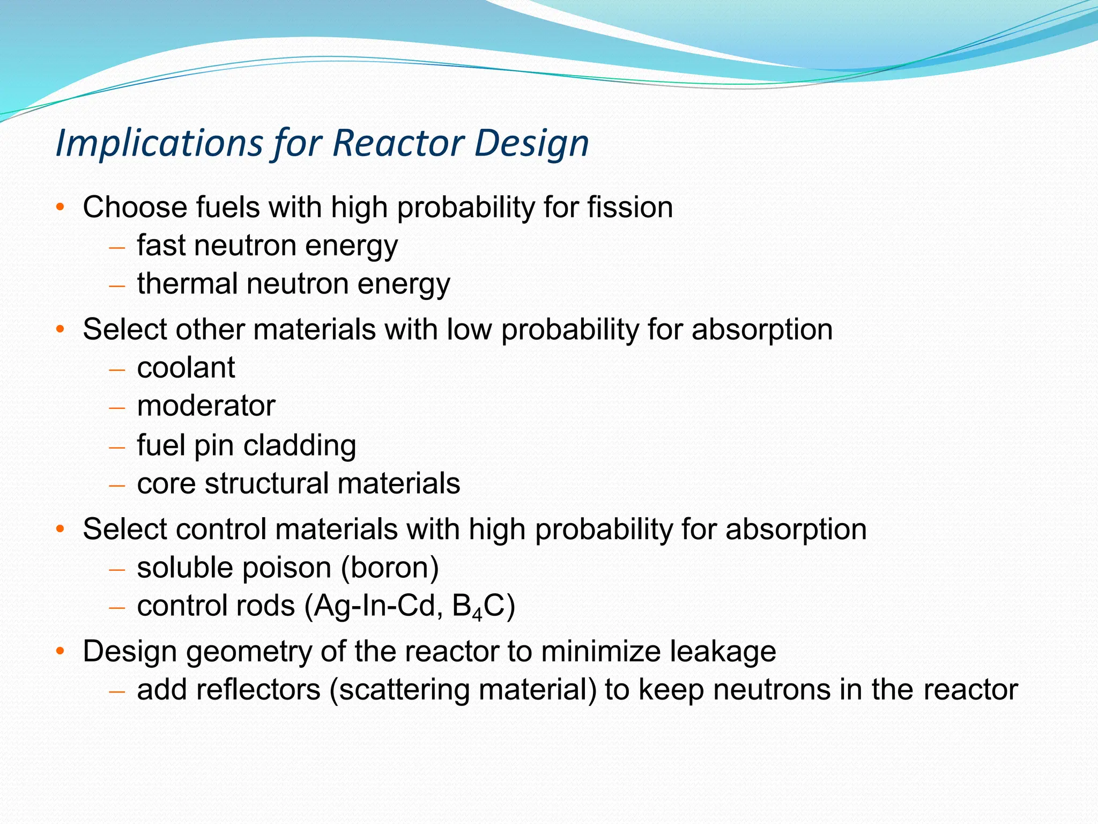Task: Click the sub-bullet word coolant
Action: pyautogui.click(x=186, y=367)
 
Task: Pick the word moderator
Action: pyautogui.click(x=206, y=406)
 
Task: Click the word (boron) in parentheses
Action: pyautogui.click(x=390, y=568)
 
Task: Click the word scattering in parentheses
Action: pyautogui.click(x=403, y=690)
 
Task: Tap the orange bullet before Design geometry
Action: pyautogui.click(x=60, y=652)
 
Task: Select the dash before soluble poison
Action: pyautogui.click(x=116, y=569)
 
